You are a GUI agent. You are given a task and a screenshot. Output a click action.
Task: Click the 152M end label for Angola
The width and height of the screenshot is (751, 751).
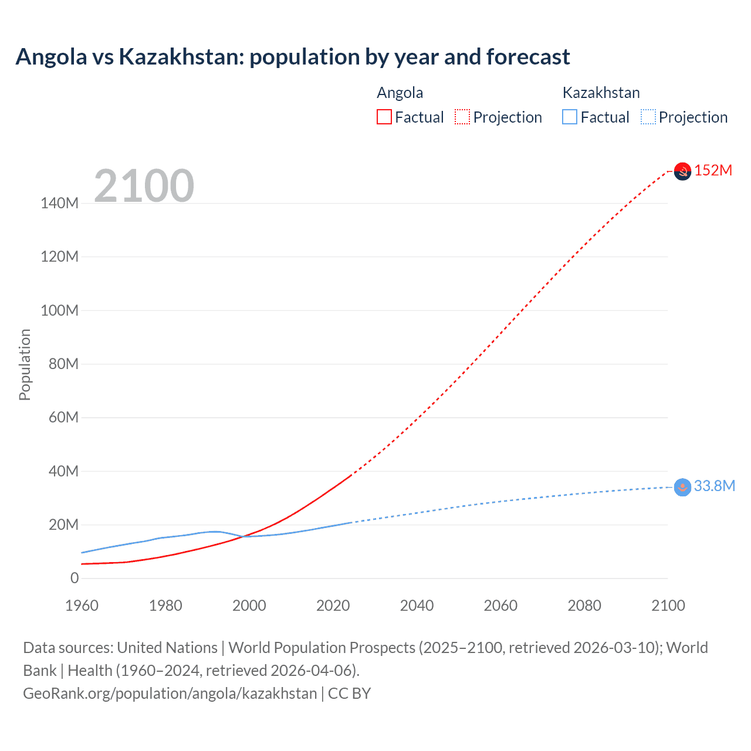(x=713, y=170)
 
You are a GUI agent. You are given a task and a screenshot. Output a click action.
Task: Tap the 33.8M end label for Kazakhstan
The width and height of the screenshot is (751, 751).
(x=714, y=486)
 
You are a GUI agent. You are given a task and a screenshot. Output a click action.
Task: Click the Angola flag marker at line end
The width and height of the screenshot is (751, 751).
(x=682, y=171)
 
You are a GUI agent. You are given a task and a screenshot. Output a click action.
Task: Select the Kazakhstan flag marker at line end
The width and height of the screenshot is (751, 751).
(x=682, y=487)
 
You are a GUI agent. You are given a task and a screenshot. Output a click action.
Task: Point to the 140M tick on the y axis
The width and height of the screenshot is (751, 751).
(x=59, y=203)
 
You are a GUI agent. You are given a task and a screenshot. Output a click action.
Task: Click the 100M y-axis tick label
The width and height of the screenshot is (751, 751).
(x=59, y=310)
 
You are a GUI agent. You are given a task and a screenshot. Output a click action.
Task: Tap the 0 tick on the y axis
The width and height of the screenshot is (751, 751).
(x=74, y=578)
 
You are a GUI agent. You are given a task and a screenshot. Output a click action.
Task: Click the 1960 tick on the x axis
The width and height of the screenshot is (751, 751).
(x=82, y=605)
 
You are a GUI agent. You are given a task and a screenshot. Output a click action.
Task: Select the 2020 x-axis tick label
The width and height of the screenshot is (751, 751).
(x=333, y=605)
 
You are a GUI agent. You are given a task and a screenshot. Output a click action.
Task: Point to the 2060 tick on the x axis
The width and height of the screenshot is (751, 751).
(x=500, y=605)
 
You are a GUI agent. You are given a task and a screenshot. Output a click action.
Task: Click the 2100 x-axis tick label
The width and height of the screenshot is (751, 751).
(x=668, y=605)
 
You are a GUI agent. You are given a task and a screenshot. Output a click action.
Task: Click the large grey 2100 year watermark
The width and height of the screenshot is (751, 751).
(x=144, y=186)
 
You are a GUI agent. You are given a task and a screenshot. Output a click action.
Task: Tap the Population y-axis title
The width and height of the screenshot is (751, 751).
(x=25, y=364)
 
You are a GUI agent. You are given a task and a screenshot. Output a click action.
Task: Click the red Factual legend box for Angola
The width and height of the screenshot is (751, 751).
(x=384, y=117)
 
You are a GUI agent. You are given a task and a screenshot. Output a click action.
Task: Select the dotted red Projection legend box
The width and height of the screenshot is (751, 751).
(x=462, y=117)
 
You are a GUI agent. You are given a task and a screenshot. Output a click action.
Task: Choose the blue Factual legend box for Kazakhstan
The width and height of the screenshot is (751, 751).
(x=569, y=117)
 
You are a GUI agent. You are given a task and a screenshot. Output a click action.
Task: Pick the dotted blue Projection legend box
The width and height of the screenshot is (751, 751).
(x=648, y=117)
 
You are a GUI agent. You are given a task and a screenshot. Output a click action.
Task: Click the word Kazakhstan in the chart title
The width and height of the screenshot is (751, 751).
(x=182, y=57)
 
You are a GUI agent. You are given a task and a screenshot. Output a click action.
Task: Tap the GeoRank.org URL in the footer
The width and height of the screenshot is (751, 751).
(x=170, y=693)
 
